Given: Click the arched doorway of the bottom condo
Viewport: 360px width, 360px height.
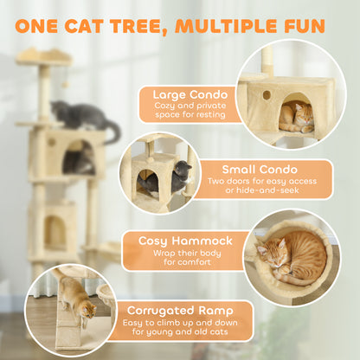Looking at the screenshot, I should point(55,231).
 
